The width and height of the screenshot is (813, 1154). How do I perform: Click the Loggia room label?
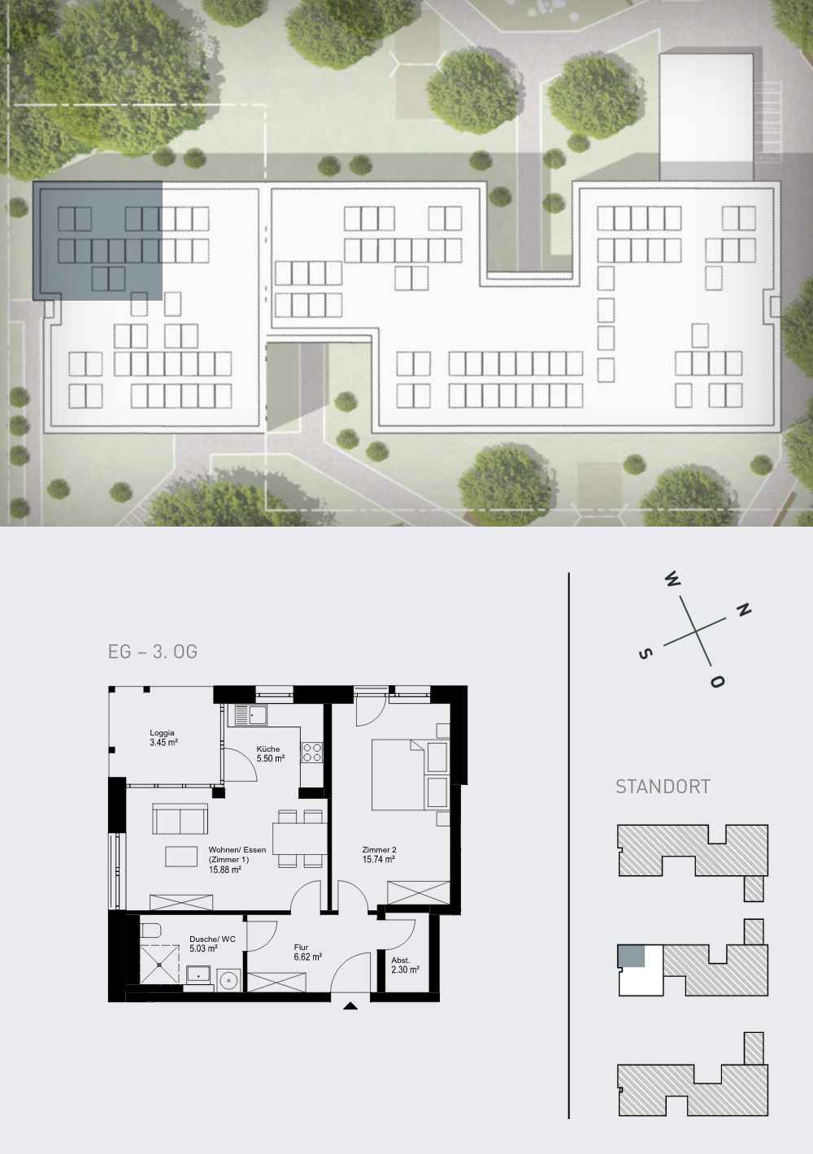[x=163, y=737]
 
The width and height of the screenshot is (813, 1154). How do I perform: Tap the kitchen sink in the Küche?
[x=250, y=714]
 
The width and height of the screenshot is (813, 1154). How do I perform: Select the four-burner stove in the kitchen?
[x=312, y=752]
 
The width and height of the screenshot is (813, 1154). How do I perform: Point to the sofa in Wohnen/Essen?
[x=180, y=818]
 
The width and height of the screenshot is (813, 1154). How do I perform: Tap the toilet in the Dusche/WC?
[x=150, y=931]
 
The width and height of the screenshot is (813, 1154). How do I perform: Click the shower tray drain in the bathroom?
[x=159, y=965]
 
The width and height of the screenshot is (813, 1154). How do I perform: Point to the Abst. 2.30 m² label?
[x=405, y=965]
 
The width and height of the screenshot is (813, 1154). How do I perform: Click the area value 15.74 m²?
[x=378, y=859]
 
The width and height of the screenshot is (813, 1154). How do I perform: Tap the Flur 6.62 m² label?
[x=308, y=952]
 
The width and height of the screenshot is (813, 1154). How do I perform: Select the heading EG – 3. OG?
[x=153, y=652]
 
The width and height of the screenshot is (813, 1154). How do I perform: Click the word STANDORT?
[x=663, y=786]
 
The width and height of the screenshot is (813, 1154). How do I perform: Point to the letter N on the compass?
[x=743, y=610]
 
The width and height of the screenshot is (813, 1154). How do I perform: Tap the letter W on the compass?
[x=672, y=580]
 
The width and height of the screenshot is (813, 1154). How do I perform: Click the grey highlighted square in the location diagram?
[x=632, y=956]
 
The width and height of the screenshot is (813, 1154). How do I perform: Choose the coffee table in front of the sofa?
[x=181, y=857]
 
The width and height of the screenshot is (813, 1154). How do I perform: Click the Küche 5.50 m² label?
[x=271, y=753]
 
